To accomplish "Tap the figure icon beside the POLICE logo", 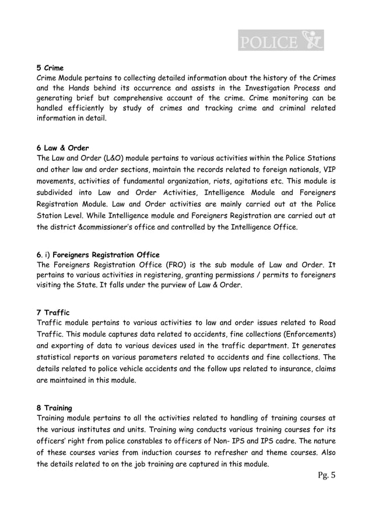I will tap(312, 40).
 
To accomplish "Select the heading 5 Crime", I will tap(50, 68).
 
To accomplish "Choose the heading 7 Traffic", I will tap(53, 313).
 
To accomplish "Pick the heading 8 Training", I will tap(55, 408).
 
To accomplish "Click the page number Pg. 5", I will tap(325, 476).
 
